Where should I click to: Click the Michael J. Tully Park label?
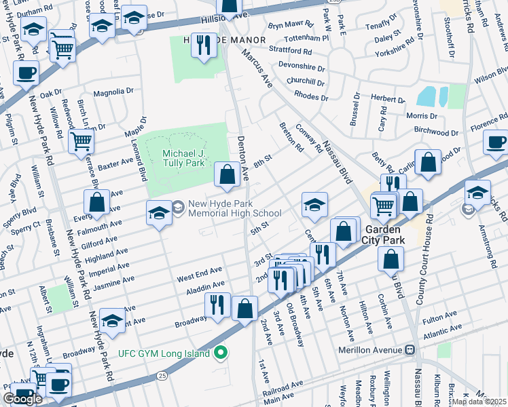coord(183,159)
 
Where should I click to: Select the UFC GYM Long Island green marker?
coord(221,353)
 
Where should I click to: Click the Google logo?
coord(22,399)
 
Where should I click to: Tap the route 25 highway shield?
coord(160,376)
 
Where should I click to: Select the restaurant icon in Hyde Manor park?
coord(204,45)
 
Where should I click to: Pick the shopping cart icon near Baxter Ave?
coord(81,142)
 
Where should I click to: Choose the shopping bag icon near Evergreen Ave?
coord(96,201)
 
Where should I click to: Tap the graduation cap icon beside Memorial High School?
coord(159,213)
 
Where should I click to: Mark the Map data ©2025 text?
coord(479,402)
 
